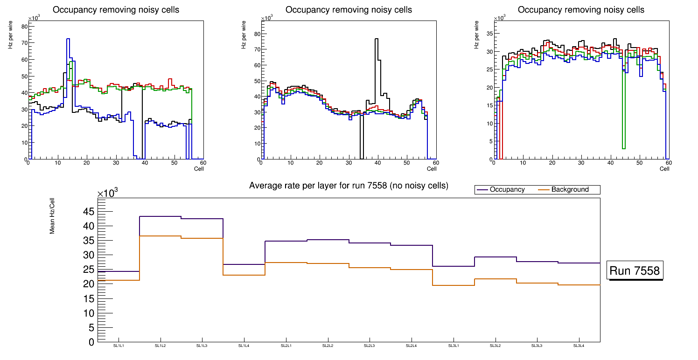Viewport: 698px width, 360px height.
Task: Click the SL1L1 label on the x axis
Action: click(x=119, y=346)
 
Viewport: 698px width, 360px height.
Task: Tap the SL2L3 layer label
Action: click(x=370, y=346)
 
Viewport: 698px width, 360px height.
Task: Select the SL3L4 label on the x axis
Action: click(x=579, y=346)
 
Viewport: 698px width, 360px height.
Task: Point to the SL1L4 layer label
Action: click(x=244, y=346)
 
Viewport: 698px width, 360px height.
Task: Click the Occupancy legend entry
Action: click(x=507, y=190)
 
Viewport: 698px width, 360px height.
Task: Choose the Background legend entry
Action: click(x=570, y=190)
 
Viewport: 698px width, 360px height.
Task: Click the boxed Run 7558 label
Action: click(x=635, y=271)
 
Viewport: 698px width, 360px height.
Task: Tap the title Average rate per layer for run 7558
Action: click(x=349, y=186)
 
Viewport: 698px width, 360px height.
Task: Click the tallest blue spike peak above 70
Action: click(x=68, y=39)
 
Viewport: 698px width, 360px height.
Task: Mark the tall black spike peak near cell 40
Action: click(x=376, y=39)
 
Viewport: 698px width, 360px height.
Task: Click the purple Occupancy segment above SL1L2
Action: click(x=160, y=216)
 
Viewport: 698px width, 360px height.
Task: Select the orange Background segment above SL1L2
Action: click(x=160, y=236)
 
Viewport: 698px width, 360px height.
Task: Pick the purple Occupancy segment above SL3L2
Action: click(x=495, y=257)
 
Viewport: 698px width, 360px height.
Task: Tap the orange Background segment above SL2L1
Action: click(x=286, y=263)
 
